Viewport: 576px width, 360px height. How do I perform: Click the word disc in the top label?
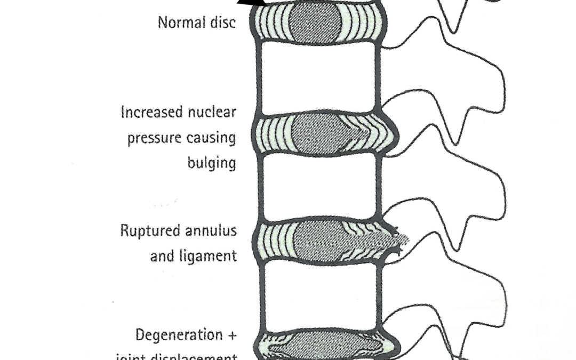pyautogui.click(x=223, y=23)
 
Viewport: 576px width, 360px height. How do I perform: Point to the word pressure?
pyautogui.click(x=152, y=138)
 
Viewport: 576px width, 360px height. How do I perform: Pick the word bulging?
pyautogui.click(x=211, y=163)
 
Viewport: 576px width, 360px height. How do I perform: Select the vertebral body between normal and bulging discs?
pyautogui.click(x=319, y=78)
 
